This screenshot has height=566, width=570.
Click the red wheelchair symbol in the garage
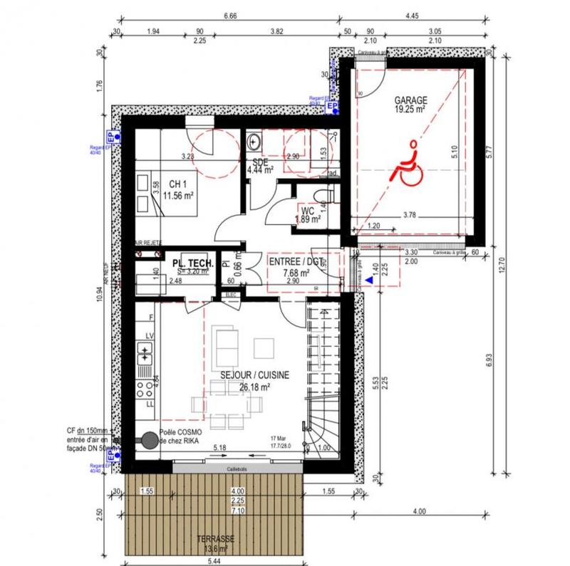click(x=408, y=164)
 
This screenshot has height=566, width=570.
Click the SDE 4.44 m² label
click(x=260, y=166)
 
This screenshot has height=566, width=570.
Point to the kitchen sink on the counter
click(x=145, y=350)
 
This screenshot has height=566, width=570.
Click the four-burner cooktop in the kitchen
click(x=145, y=388)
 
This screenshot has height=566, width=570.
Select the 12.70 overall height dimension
click(x=524, y=267)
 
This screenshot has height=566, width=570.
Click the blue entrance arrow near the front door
click(x=368, y=282)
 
